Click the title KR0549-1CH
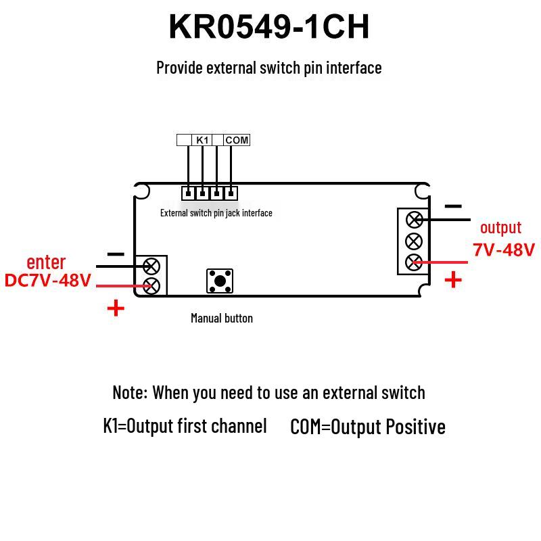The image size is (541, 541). [269, 27]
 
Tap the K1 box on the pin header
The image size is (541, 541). [202, 140]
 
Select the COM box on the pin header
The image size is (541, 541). [237, 140]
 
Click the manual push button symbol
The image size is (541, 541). [220, 281]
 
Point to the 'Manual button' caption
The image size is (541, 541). [222, 318]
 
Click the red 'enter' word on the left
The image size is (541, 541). [46, 262]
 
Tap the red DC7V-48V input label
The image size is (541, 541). [48, 280]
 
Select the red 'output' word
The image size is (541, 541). [500, 228]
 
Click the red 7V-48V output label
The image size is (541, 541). [504, 250]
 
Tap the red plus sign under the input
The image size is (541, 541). [116, 308]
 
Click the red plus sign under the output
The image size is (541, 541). [453, 279]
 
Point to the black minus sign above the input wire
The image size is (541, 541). [116, 254]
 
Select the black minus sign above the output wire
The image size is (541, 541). [453, 206]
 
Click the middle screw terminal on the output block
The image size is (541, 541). [414, 241]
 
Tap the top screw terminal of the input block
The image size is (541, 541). [151, 266]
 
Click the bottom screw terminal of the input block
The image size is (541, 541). [151, 285]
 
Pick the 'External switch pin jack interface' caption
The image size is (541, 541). [216, 213]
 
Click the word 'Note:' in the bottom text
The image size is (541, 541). [130, 393]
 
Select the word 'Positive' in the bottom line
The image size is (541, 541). [416, 427]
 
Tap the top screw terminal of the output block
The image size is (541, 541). [415, 220]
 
